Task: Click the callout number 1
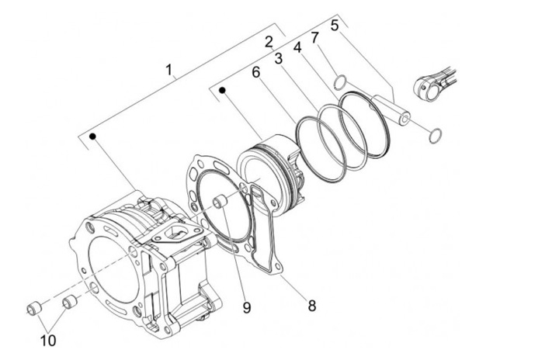click(x=170, y=70)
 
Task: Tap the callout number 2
click(x=269, y=42)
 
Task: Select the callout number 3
click(x=279, y=58)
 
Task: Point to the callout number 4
click(x=297, y=47)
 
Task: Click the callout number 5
click(x=334, y=26)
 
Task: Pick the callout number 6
click(x=256, y=72)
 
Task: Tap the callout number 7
click(x=314, y=37)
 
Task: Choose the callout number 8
click(x=312, y=306)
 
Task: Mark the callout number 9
click(x=247, y=307)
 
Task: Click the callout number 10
click(x=48, y=341)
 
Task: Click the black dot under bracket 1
click(x=93, y=136)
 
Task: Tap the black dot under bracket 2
click(x=223, y=90)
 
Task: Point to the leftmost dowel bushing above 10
click(x=35, y=307)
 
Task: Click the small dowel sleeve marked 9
click(x=219, y=202)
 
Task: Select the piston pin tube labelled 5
click(x=391, y=109)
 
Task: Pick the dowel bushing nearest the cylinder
click(x=70, y=302)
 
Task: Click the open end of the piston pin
click(x=404, y=119)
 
